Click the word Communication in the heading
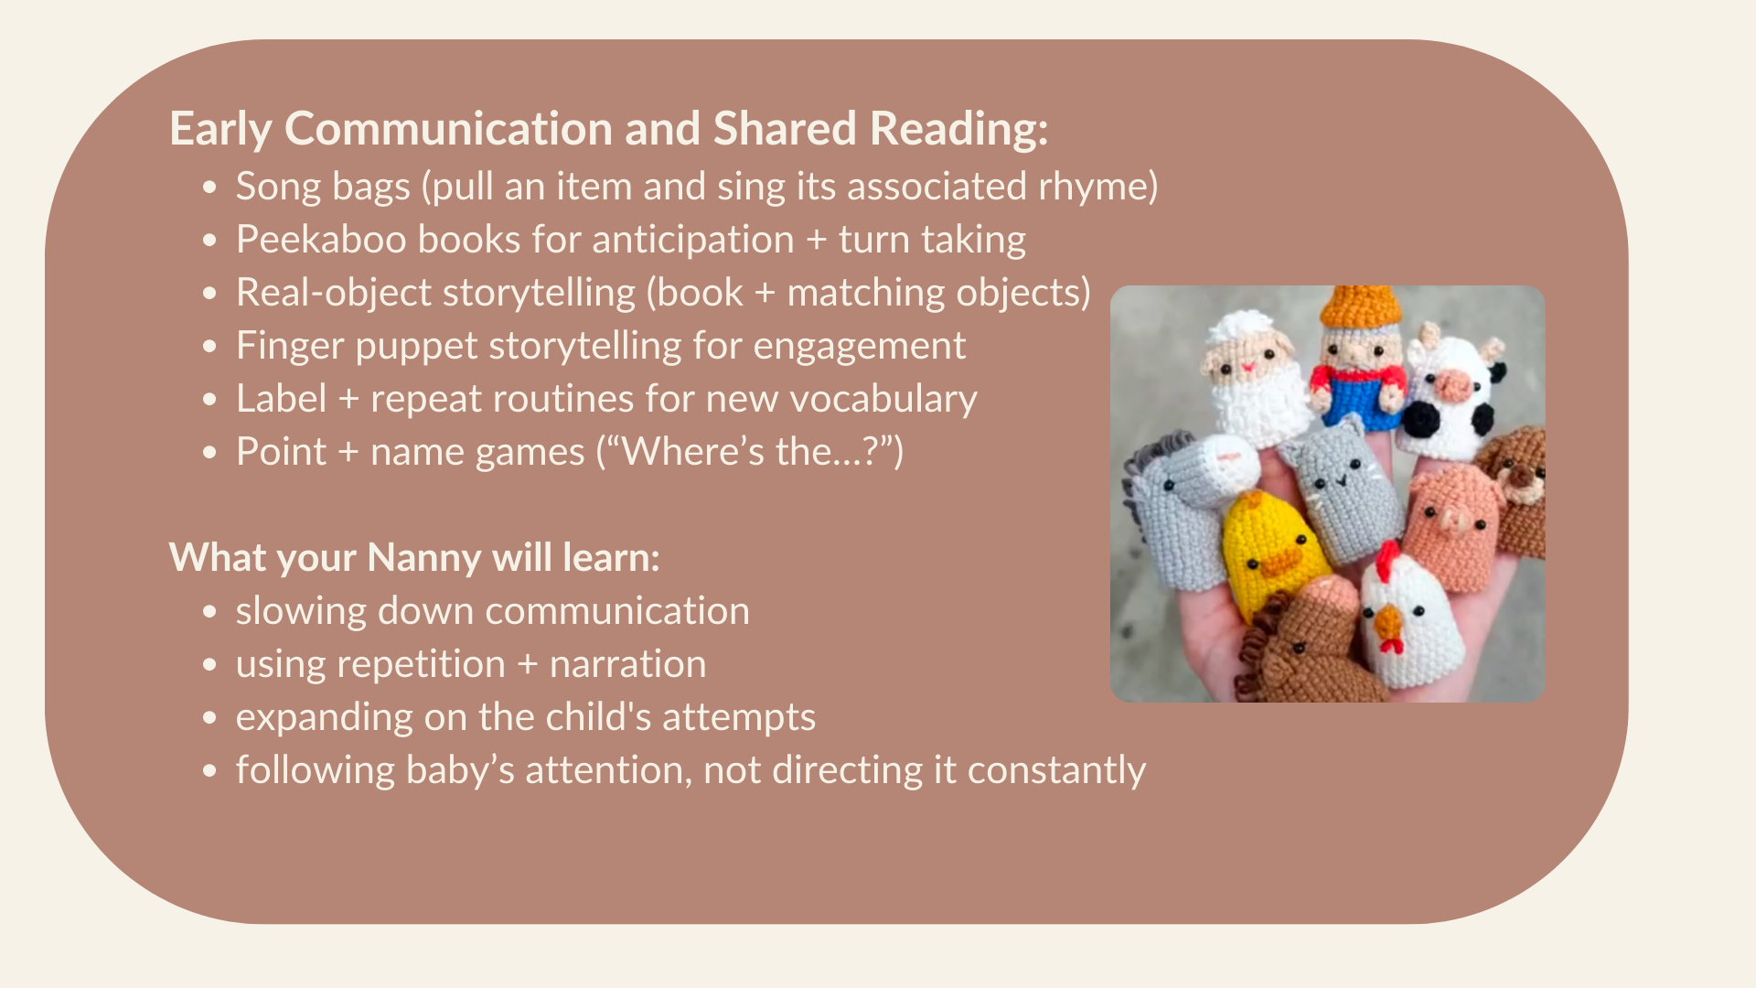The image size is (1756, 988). pyautogui.click(x=448, y=128)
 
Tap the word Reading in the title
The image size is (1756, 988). pyautogui.click(x=958, y=128)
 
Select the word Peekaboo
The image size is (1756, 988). pyautogui.click(x=321, y=240)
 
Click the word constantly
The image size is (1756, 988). pyautogui.click(x=1056, y=770)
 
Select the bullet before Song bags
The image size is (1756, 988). pyautogui.click(x=210, y=188)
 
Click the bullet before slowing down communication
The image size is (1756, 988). pyautogui.click(x=210, y=612)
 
